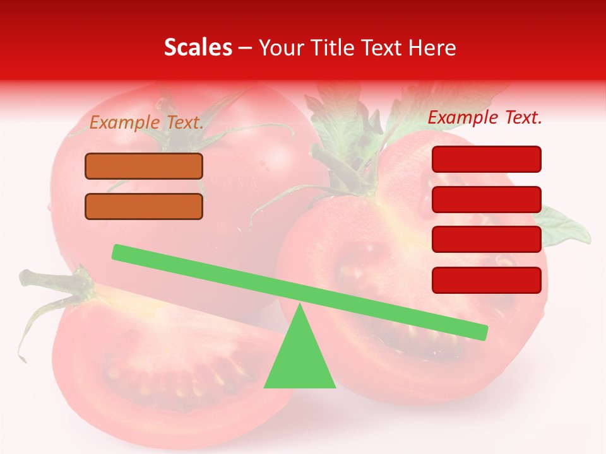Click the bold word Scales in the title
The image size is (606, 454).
coord(198,47)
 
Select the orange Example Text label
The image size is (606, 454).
coord(146,123)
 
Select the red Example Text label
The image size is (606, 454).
coord(485,117)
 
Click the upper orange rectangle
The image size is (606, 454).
coord(144,166)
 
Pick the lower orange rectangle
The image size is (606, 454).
coord(144,206)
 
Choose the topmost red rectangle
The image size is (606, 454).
coord(487,159)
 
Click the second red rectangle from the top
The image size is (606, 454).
coord(487,199)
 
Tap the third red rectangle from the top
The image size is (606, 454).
coord(487,240)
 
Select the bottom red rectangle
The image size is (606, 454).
coord(487,280)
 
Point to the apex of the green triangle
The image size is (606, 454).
coord(300,306)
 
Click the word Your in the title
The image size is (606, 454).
coord(280,47)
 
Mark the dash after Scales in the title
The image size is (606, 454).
coord(246,47)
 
